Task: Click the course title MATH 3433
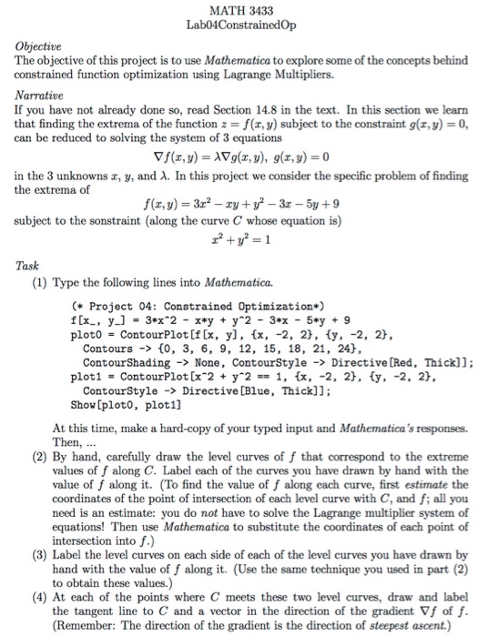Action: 243,10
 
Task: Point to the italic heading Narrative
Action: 36,94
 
